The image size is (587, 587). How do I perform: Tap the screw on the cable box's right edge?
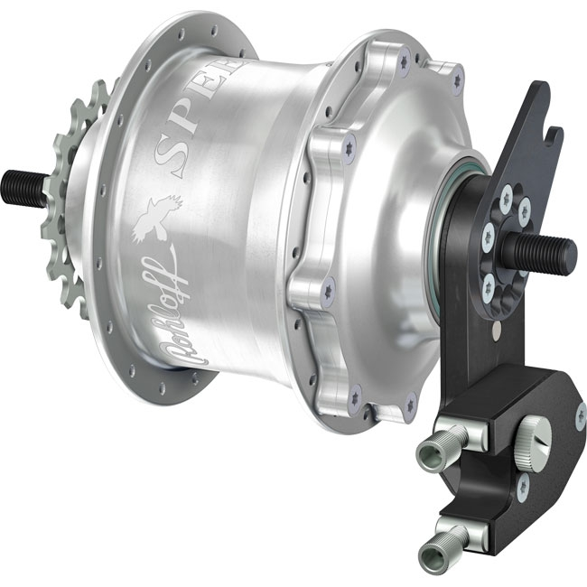click(579, 415)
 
